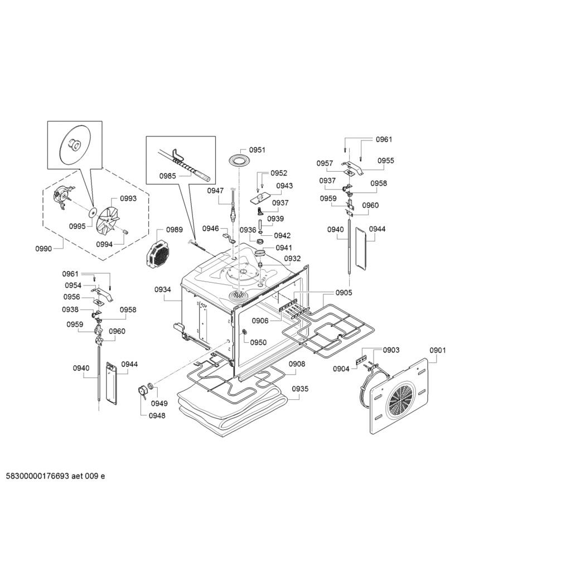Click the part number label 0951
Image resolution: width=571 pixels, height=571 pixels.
(x=257, y=150)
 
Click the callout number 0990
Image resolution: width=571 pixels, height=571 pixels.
(x=43, y=249)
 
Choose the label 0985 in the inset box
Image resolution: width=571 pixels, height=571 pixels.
(x=167, y=176)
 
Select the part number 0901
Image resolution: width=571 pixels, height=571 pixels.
(x=437, y=350)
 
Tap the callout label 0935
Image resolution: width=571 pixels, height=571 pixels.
(x=300, y=389)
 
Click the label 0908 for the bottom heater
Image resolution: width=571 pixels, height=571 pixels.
(x=297, y=364)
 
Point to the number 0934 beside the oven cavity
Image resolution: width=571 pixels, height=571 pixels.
(x=162, y=289)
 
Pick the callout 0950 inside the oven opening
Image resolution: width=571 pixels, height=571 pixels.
(x=258, y=342)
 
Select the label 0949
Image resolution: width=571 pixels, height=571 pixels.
(x=159, y=403)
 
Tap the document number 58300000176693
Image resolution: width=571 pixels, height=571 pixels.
(x=38, y=476)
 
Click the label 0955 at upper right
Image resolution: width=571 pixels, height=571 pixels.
(x=386, y=161)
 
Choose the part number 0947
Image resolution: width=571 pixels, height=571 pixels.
(x=216, y=191)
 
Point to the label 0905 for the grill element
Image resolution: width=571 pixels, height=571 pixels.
(x=343, y=293)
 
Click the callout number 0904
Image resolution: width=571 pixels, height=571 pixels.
(x=341, y=369)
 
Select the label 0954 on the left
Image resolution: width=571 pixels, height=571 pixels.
(x=73, y=285)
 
